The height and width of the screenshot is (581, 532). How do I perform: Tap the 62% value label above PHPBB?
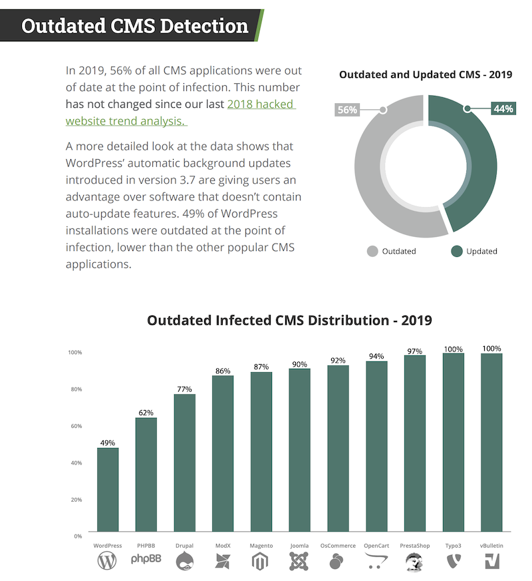(x=146, y=413)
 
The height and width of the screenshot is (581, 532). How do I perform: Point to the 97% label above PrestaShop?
(x=415, y=351)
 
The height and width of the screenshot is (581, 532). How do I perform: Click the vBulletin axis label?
(x=491, y=545)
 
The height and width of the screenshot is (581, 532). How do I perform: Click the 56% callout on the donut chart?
(x=347, y=110)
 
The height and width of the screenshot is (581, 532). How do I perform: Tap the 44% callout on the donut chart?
(x=503, y=108)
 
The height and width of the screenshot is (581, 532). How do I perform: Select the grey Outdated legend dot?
(x=372, y=251)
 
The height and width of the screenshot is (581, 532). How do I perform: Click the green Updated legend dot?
(x=457, y=251)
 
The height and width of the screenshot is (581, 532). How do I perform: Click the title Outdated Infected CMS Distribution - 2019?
(x=289, y=320)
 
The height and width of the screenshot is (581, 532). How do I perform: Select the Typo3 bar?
(x=454, y=443)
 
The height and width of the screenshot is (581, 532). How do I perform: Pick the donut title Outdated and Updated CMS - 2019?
(x=426, y=75)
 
